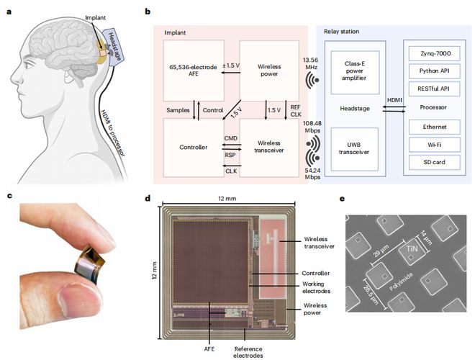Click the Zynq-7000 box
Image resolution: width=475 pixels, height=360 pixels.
(435, 53)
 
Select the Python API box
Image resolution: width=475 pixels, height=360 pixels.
(435, 71)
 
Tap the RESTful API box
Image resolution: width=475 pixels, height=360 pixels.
(435, 89)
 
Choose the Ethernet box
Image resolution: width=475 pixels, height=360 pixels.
(435, 127)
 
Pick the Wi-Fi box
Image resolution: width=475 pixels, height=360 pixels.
(435, 145)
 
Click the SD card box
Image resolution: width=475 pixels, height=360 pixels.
(435, 162)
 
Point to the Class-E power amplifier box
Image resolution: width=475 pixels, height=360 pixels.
(355, 73)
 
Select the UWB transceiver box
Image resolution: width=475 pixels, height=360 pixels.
(354, 149)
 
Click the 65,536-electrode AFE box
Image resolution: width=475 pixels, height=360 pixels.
(194, 71)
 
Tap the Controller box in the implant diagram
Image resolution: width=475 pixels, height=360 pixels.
(194, 148)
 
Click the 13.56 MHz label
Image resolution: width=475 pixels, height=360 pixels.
(310, 63)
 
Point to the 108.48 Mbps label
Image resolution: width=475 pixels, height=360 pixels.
(312, 127)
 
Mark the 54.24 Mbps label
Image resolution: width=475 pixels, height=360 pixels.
(312, 174)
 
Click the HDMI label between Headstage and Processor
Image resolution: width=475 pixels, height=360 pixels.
(394, 100)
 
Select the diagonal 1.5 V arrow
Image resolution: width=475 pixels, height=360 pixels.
(232, 109)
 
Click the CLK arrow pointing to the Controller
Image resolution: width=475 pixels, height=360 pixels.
(232, 166)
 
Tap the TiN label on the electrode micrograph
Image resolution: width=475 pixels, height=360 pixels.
(412, 249)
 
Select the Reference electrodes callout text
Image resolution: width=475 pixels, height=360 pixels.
(248, 352)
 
